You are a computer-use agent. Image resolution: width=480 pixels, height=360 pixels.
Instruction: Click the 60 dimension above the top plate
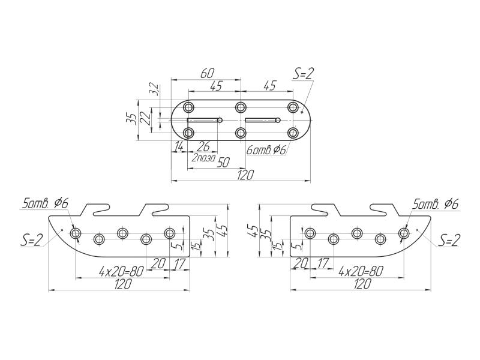pyautogui.click(x=208, y=73)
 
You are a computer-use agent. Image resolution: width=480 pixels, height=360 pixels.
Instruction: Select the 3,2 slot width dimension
pyautogui.click(x=155, y=89)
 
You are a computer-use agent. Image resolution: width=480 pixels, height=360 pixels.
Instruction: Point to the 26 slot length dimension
pyautogui.click(x=203, y=146)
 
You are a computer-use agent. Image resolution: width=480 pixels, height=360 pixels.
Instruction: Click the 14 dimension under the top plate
pyautogui.click(x=178, y=146)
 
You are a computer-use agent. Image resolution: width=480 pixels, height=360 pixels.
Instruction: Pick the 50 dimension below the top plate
pyautogui.click(x=223, y=163)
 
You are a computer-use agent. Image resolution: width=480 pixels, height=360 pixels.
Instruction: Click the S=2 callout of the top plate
pyautogui.click(x=304, y=74)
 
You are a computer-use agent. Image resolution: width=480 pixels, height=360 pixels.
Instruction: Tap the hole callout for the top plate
pyautogui.click(x=266, y=150)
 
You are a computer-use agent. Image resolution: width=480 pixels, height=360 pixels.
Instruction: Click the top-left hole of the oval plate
pyautogui.click(x=189, y=107)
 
